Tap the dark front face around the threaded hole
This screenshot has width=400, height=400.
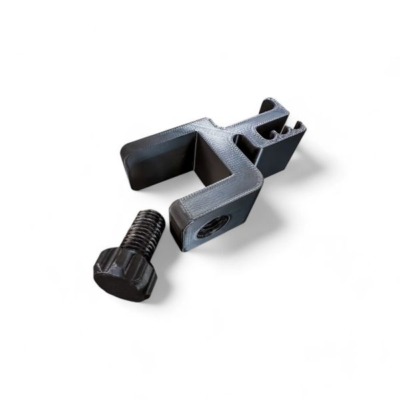[200, 233]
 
